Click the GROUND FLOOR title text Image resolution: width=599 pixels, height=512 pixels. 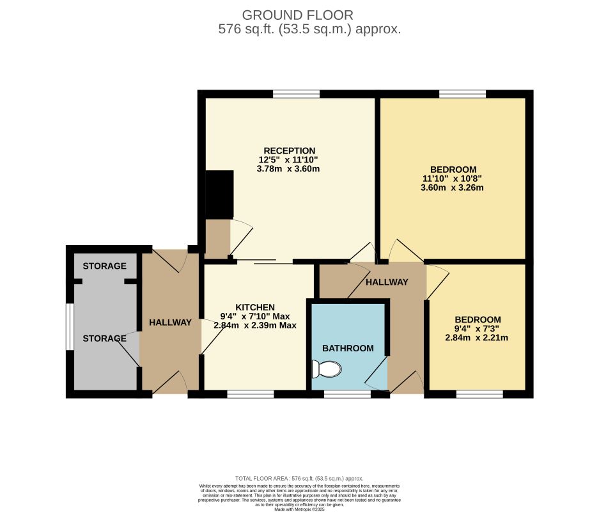[298, 15]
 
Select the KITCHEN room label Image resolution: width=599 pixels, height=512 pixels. [254, 307]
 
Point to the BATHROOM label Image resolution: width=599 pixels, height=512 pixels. [347, 348]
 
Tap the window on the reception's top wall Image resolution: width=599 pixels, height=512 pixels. [296, 94]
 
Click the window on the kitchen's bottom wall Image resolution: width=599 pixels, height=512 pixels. [250, 394]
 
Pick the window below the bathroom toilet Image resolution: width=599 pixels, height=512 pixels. [347, 394]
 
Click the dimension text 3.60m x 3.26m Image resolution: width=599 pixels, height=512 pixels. [451, 188]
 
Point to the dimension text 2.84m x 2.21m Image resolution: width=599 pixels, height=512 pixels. [476, 338]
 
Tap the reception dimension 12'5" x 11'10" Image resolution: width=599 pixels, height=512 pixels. [288, 160]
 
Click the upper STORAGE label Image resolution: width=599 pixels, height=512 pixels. [104, 266]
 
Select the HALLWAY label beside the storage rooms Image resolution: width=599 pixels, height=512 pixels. [170, 323]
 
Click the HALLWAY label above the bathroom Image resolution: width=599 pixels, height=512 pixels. [387, 282]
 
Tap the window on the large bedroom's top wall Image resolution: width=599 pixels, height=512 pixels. [462, 94]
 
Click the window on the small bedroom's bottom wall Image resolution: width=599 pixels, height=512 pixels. [479, 394]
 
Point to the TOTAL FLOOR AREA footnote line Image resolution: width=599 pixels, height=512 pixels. [299, 478]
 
